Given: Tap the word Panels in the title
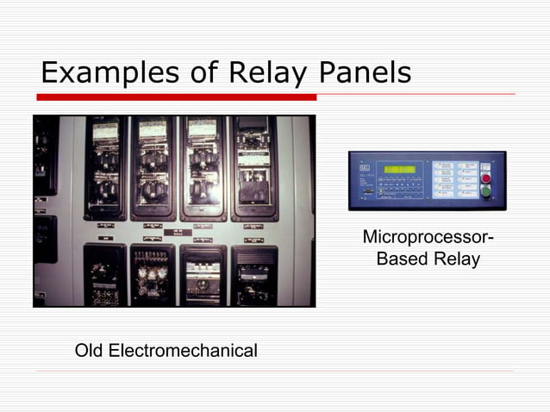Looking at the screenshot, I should pyautogui.click(x=365, y=73).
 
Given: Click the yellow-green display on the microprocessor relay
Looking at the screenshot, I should pyautogui.click(x=400, y=169).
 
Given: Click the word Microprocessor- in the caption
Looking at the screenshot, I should pyautogui.click(x=428, y=237).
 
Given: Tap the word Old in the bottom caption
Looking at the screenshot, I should pyautogui.click(x=89, y=351).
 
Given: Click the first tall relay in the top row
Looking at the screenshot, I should pyautogui.click(x=105, y=168).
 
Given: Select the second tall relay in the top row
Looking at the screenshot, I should pyautogui.click(x=153, y=168).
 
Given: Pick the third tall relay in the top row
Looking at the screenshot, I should pyautogui.click(x=203, y=168).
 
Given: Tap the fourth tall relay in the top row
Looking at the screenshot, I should pyautogui.click(x=254, y=168).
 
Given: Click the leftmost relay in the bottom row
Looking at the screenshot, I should pyautogui.click(x=104, y=274).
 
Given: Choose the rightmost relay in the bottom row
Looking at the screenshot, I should pyautogui.click(x=254, y=274).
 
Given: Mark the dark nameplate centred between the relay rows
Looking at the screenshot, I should pyautogui.click(x=178, y=232).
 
